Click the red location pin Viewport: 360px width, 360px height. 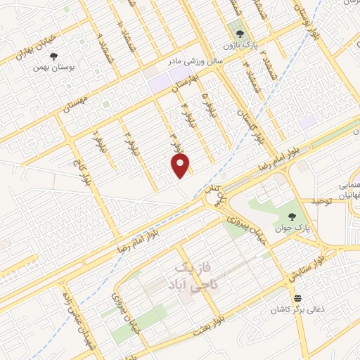(x=182, y=165)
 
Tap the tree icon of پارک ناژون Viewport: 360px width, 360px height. (x=240, y=33)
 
